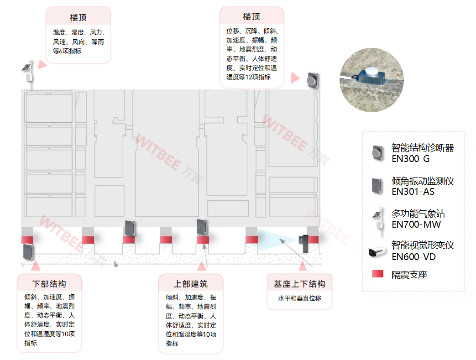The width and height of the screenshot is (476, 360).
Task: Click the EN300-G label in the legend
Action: (x=410, y=159)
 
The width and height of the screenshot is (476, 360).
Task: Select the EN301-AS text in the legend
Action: (x=413, y=192)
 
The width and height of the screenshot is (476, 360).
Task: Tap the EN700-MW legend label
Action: (x=416, y=224)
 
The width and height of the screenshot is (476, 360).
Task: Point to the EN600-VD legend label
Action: (x=413, y=257)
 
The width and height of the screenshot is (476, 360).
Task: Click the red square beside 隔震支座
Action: (x=377, y=274)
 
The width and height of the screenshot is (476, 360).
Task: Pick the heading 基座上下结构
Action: (x=299, y=284)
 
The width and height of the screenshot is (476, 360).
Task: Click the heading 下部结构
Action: (x=49, y=284)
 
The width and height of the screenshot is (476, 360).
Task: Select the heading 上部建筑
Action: (x=191, y=284)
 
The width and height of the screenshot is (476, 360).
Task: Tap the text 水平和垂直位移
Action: (x=299, y=298)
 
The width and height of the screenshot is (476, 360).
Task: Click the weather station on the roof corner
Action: (x=28, y=72)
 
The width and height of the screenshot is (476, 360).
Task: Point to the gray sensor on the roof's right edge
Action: (x=313, y=80)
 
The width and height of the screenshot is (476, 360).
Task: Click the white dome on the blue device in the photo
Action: (x=372, y=72)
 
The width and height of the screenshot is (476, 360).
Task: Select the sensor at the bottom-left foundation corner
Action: (x=29, y=252)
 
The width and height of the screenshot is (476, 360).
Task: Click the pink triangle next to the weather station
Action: (x=42, y=64)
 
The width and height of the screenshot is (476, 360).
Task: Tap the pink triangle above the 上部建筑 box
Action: (x=202, y=266)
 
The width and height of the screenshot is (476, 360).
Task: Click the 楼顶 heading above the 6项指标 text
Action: (x=78, y=17)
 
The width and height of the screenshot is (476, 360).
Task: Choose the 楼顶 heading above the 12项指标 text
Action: (x=251, y=16)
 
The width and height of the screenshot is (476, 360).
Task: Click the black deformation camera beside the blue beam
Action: (x=304, y=244)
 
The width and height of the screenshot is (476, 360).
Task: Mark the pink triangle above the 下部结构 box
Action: (x=36, y=266)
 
